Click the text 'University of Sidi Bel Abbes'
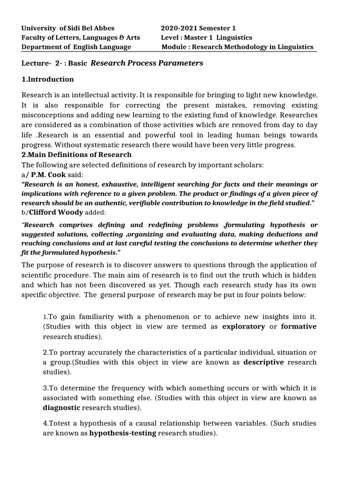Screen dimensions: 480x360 pyautogui.click(x=68, y=28)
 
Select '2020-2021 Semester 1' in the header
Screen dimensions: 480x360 pyautogui.click(x=200, y=28)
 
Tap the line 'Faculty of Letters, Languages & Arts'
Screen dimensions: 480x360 pyautogui.click(x=81, y=37)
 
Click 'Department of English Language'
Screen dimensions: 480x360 pyautogui.click(x=76, y=47)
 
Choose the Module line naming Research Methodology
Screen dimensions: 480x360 pyautogui.click(x=237, y=47)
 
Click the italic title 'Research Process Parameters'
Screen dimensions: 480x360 pyautogui.click(x=147, y=63)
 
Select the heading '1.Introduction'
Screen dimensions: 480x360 pyautogui.click(x=48, y=79)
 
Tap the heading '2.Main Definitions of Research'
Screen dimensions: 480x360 pyautogui.click(x=77, y=155)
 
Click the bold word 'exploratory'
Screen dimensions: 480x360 pyautogui.click(x=243, y=327)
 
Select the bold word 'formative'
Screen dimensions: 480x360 pyautogui.click(x=299, y=327)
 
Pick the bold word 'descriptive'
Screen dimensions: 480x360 pyautogui.click(x=263, y=362)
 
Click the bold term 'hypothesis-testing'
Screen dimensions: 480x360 pyautogui.click(x=123, y=433)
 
